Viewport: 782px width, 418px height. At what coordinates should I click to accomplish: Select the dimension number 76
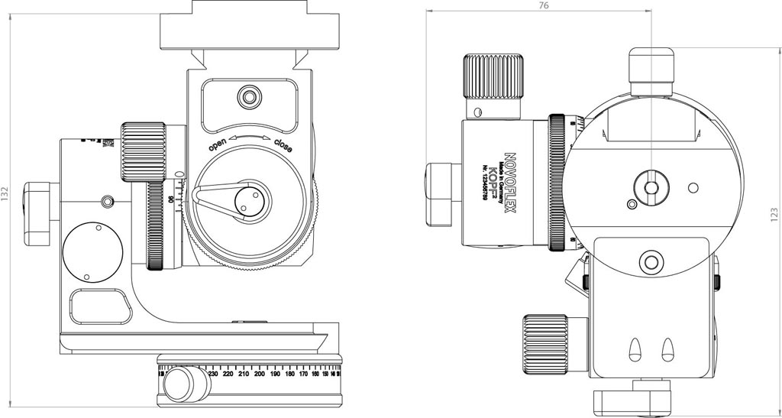coord(543,5)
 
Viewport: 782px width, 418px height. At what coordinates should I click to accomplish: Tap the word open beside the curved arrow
coord(218,144)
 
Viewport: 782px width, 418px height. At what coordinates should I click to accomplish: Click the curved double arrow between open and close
coord(250,135)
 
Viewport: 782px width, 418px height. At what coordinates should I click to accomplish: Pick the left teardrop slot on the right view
coord(634,350)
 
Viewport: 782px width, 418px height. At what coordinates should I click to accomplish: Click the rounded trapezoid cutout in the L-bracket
coord(99,306)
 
